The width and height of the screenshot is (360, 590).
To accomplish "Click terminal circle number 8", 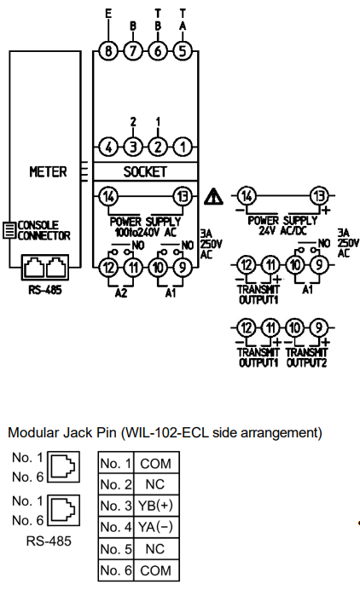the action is tap(108, 50).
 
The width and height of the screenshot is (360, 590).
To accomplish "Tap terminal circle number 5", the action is tap(183, 50).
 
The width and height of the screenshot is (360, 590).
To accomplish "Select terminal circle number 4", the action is tap(108, 147).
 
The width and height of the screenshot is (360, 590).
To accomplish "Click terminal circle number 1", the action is tap(183, 147).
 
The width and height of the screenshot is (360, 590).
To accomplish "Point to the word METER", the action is tap(49, 172).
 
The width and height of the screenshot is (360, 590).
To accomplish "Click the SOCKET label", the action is tap(145, 172).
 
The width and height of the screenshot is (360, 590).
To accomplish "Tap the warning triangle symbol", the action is tap(213, 197).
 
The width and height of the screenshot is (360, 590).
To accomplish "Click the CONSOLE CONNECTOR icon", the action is tap(9, 229).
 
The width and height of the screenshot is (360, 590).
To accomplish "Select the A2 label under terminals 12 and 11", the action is tap(121, 292).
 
